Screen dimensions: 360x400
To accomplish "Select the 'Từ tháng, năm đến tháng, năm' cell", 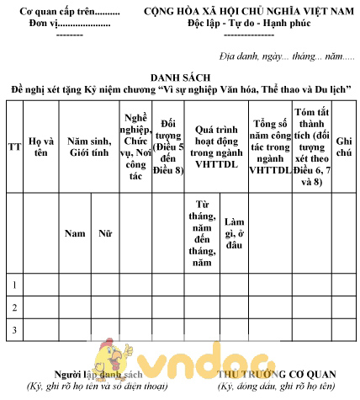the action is (201, 233).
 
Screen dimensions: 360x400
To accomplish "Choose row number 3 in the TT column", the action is (13, 330).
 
